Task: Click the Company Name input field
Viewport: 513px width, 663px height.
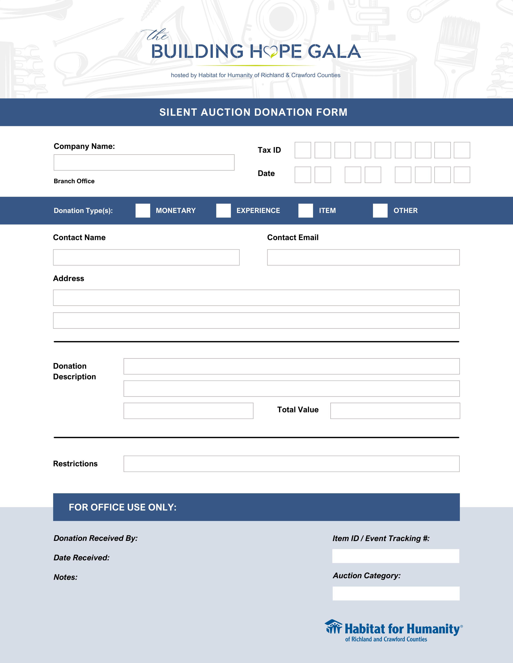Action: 144,162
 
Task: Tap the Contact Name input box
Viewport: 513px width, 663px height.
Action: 146,257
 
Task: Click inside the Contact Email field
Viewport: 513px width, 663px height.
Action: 363,257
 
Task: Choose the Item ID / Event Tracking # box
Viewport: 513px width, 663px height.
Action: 396,556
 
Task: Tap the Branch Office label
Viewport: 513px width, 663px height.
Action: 74,181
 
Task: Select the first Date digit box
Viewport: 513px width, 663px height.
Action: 303,175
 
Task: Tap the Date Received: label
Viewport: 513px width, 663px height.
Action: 81,558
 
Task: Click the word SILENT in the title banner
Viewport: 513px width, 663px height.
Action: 178,112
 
